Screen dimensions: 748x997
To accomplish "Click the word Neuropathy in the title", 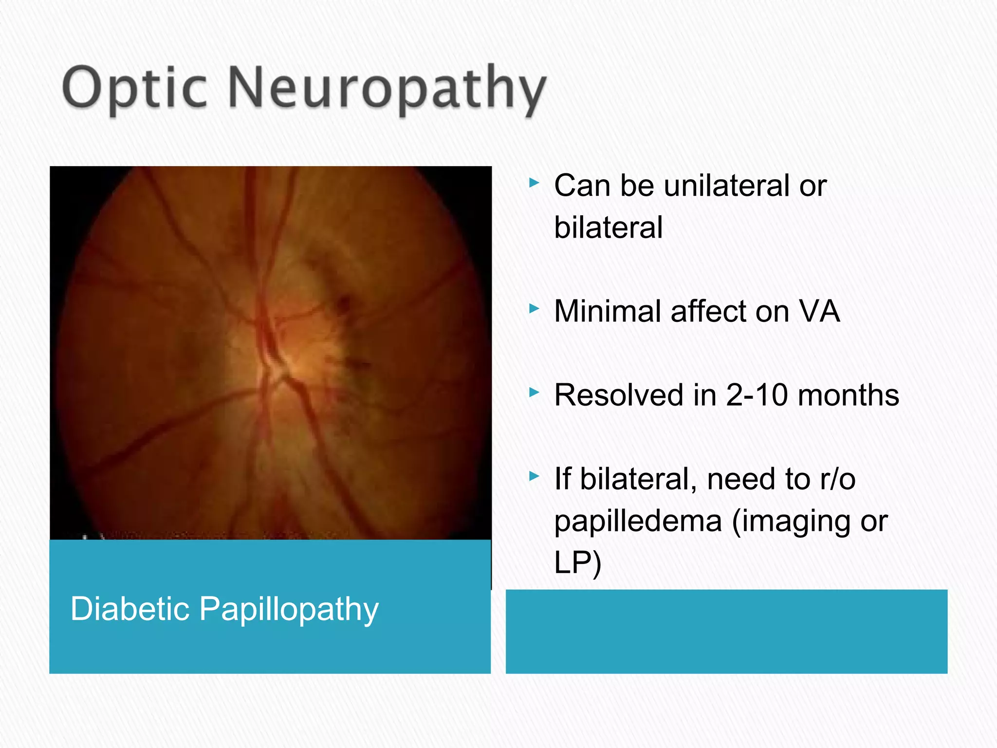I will pyautogui.click(x=387, y=88).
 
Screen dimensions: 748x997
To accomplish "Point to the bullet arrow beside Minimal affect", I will pyautogui.click(x=535, y=309).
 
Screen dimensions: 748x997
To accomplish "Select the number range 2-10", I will pyautogui.click(x=757, y=395).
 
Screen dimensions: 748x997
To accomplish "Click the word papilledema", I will pyautogui.click(x=638, y=521).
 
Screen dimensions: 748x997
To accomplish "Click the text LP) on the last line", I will pyautogui.click(x=578, y=562).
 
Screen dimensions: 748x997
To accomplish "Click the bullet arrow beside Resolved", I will pyautogui.click(x=535, y=392).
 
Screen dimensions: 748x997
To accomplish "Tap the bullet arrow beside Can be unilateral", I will pyautogui.click(x=535, y=183).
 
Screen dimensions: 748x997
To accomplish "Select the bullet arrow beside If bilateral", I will pyautogui.click(x=535, y=476).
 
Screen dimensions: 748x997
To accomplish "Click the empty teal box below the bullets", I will pyautogui.click(x=726, y=631).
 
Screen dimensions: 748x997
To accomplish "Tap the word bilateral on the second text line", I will pyautogui.click(x=609, y=227).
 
